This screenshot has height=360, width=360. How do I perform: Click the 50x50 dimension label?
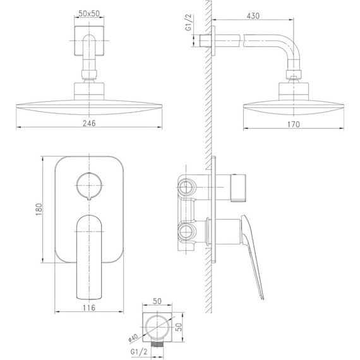click(89, 13)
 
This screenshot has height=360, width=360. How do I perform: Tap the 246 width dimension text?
click(89, 123)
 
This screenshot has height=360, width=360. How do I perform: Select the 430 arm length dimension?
click(253, 16)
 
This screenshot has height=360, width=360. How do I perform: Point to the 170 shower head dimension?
click(294, 124)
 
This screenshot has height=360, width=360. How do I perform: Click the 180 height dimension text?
click(39, 209)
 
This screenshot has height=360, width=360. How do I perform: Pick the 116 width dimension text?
click(89, 308)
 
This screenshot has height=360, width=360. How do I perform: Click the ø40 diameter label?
click(133, 338)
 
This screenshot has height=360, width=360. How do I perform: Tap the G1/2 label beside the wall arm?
click(188, 22)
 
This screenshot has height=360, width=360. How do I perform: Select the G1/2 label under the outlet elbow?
click(139, 352)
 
